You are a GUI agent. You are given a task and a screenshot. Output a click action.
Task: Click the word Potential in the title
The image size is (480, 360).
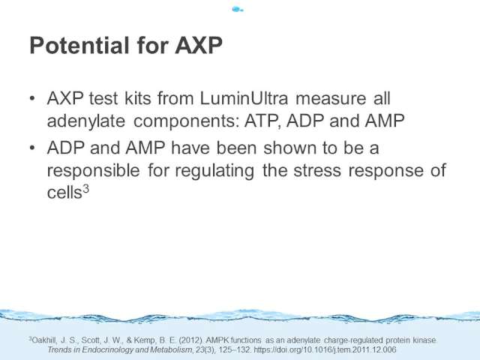(79, 46)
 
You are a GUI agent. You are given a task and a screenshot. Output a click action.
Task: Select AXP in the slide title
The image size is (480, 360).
(199, 46)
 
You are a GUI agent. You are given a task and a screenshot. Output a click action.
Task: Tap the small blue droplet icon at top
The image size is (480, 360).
(238, 9)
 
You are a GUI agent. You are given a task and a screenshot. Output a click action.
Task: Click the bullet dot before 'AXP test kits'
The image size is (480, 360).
(32, 98)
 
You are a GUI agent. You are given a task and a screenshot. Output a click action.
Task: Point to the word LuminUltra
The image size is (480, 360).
(244, 98)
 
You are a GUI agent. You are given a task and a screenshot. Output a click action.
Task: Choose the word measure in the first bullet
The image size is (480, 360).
(331, 99)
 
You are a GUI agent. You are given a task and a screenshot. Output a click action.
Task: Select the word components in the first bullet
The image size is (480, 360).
(186, 121)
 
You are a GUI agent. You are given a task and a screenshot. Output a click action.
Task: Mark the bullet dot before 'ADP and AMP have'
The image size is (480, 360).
(32, 148)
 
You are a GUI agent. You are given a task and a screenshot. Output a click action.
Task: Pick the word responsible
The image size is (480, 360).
(93, 170)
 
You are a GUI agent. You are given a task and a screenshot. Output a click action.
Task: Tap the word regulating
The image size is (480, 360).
(214, 171)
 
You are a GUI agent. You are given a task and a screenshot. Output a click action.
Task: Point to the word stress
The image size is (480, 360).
(317, 171)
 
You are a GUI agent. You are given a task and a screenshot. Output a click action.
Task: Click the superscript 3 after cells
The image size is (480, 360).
(85, 189)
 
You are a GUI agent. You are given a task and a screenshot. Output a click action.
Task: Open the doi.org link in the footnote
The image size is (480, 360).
(325, 349)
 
